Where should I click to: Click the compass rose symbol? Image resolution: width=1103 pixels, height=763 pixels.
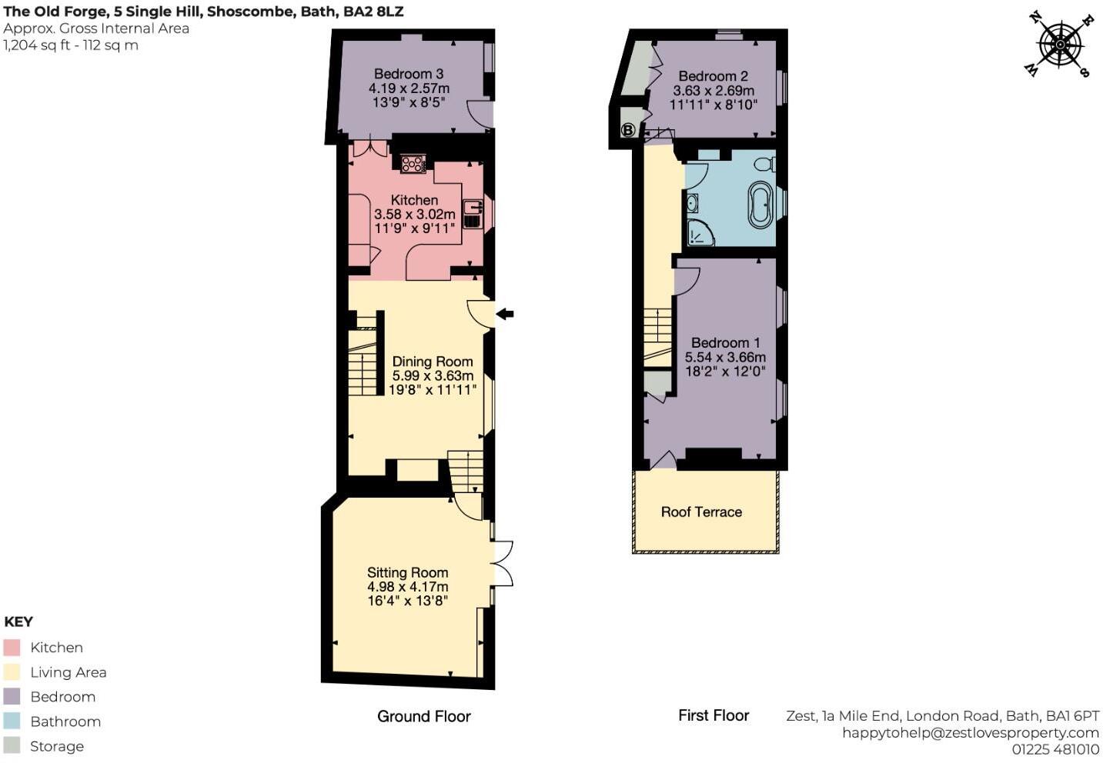tap(1060, 45)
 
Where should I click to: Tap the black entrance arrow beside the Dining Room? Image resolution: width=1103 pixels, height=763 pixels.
tap(505, 314)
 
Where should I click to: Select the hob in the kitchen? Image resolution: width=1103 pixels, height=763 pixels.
tap(413, 164)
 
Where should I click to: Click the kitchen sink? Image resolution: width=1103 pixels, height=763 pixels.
tap(473, 214)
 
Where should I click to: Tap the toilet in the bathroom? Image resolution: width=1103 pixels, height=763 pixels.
tap(766, 164)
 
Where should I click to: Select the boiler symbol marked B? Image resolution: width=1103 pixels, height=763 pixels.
tap(627, 130)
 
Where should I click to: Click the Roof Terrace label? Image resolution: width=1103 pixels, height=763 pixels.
tap(701, 512)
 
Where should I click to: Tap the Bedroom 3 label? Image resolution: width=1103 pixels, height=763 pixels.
tap(409, 74)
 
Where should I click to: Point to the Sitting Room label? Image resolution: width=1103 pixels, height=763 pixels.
tap(408, 572)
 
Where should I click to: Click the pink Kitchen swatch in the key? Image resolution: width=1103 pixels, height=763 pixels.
tap(12, 648)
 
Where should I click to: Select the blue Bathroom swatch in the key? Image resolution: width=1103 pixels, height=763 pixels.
tap(12, 721)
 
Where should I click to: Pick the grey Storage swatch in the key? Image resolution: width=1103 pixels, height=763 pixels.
tap(12, 746)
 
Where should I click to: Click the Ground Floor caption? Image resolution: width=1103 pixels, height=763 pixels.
tap(424, 716)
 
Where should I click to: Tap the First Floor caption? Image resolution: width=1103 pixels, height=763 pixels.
tap(714, 715)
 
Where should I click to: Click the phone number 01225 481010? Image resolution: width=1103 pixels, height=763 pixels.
tap(1056, 749)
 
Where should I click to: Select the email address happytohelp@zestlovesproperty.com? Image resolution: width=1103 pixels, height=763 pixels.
tap(971, 733)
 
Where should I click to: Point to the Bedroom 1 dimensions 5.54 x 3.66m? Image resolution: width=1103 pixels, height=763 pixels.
tap(725, 357)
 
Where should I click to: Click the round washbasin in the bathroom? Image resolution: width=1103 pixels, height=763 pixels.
tap(692, 203)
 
